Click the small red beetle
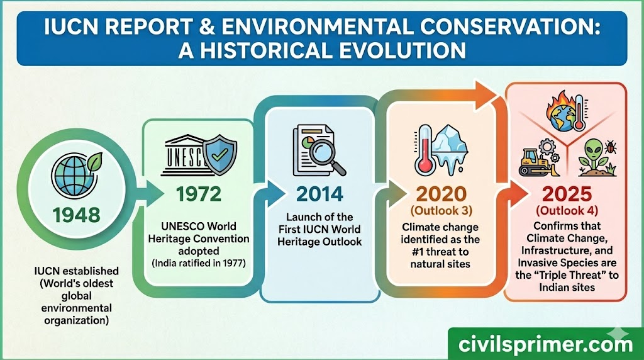[610, 148]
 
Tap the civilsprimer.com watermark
[545, 344]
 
